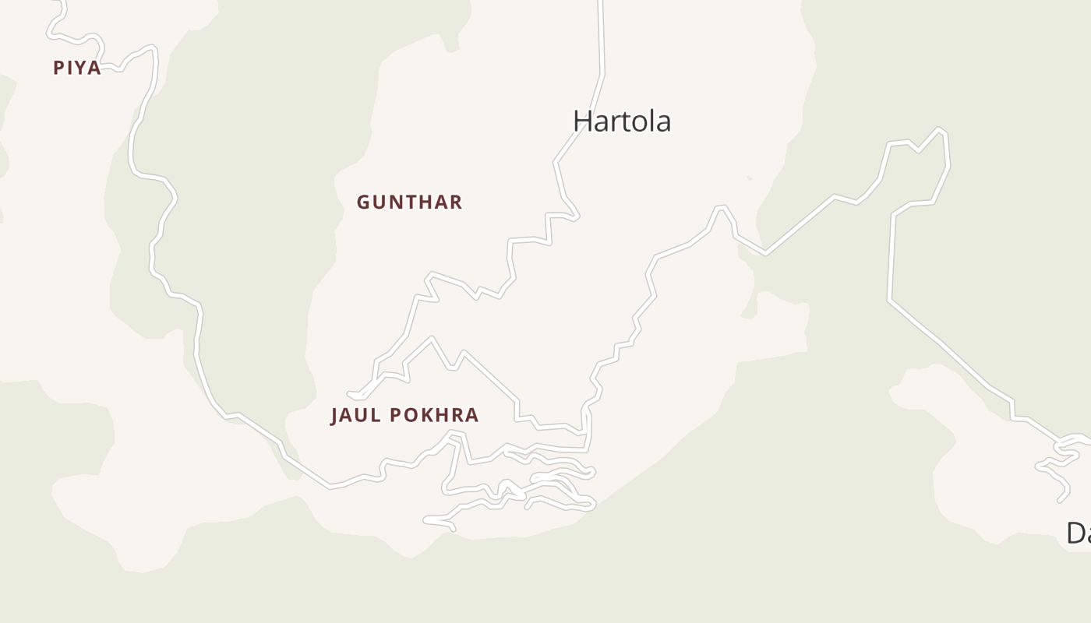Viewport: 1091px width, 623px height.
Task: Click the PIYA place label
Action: click(x=77, y=68)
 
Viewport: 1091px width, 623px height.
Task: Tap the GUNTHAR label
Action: click(x=409, y=202)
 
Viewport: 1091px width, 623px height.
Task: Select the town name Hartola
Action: click(x=622, y=121)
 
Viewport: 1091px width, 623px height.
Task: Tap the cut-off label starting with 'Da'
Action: click(x=1078, y=533)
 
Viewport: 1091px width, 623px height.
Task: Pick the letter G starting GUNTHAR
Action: click(x=364, y=202)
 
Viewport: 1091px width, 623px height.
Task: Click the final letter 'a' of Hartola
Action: click(x=662, y=123)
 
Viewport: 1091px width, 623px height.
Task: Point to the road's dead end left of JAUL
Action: click(x=350, y=395)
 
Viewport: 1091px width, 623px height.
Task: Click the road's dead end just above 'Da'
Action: click(x=1061, y=499)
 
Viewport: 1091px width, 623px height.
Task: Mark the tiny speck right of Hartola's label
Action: click(x=749, y=178)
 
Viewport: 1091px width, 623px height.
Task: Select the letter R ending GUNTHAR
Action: click(x=456, y=202)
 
